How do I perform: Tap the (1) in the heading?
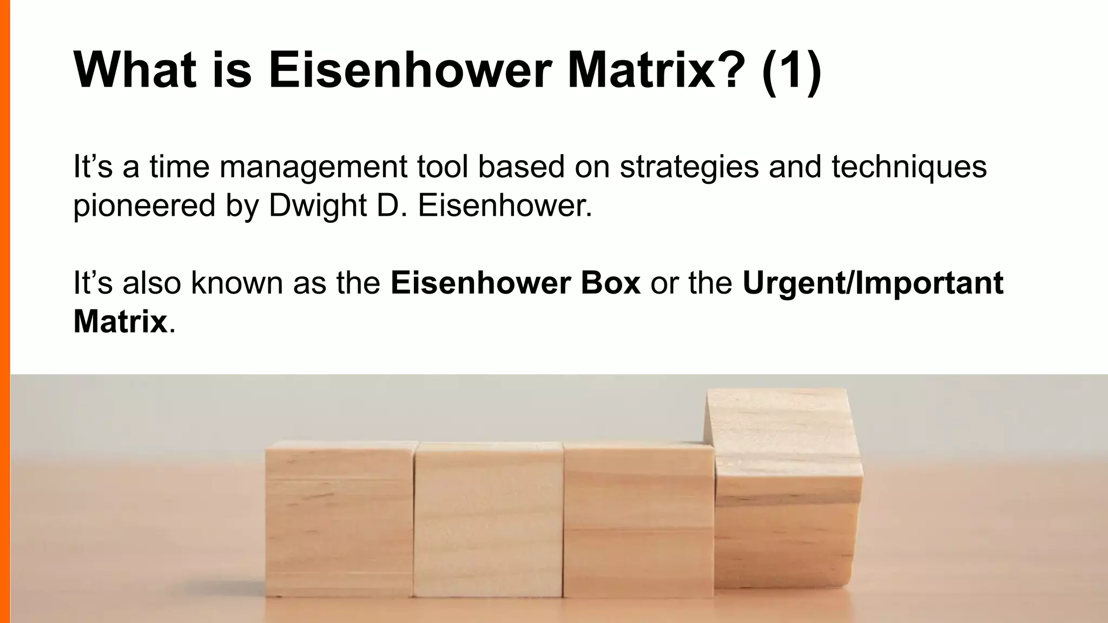[791, 70]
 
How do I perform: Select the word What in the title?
[135, 70]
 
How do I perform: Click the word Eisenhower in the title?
[410, 70]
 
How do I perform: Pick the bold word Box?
[610, 283]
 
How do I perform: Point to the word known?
[237, 283]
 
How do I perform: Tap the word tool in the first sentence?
[443, 167]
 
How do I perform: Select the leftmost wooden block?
[339, 519]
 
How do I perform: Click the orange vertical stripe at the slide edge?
[5, 311]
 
